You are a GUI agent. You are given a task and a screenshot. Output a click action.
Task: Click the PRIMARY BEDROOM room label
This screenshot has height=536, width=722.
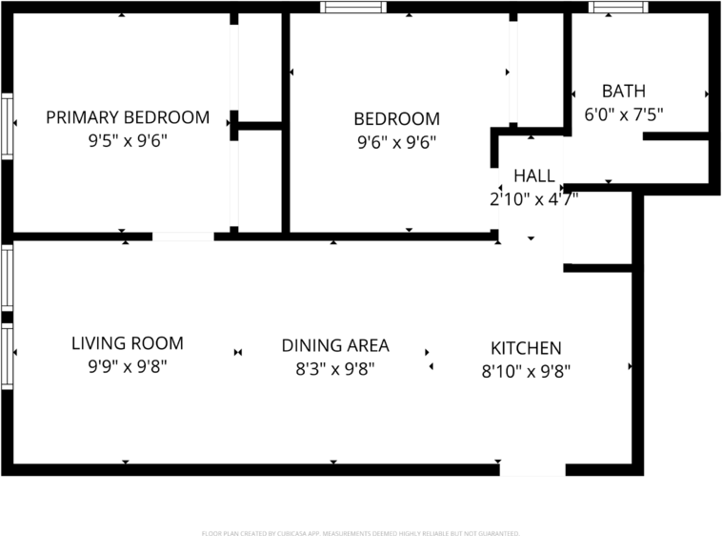(128, 117)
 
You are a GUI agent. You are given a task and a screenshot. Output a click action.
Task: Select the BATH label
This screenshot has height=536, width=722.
(623, 92)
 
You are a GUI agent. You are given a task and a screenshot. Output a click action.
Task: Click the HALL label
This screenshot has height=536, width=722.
(533, 175)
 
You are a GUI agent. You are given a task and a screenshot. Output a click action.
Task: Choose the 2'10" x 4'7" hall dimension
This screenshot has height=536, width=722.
(533, 198)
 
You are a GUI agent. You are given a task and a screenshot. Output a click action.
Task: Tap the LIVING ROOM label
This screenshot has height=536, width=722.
(128, 342)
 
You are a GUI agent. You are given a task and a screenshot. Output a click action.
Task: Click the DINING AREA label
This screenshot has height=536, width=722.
(335, 345)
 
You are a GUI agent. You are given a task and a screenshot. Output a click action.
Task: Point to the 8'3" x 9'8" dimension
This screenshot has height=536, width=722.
(335, 368)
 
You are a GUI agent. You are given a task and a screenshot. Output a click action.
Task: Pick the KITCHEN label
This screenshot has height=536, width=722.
(526, 348)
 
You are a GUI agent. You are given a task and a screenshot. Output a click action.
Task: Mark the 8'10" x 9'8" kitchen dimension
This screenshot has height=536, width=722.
(526, 371)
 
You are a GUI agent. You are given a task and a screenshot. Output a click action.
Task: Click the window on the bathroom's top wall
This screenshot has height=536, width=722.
(618, 7)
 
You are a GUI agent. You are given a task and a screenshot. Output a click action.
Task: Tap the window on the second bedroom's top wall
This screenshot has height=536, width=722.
(352, 7)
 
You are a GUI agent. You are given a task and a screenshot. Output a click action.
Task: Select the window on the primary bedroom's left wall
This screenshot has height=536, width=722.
(7, 124)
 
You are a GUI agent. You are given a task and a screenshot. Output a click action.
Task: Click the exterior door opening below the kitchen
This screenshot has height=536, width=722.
(532, 469)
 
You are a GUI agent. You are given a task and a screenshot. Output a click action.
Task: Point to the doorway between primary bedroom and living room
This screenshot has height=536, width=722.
(183, 236)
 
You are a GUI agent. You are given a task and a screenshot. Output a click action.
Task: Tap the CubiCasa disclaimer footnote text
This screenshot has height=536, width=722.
(360, 532)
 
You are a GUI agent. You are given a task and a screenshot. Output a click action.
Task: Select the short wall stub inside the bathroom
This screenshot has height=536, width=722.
(675, 136)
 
